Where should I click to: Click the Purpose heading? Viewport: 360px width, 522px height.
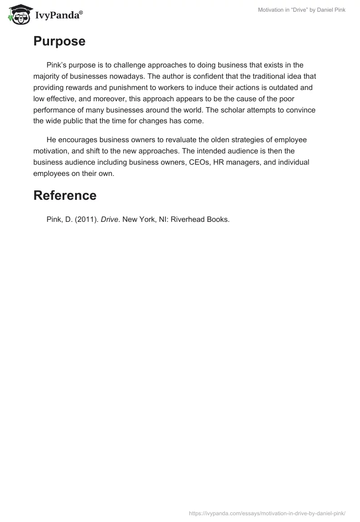(59, 41)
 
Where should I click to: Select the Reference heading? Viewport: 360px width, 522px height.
(65, 195)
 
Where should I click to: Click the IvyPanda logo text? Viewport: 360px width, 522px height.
(58, 16)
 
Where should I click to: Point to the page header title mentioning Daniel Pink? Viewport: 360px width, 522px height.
(301, 10)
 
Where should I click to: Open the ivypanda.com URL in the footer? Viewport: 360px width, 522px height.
(267, 512)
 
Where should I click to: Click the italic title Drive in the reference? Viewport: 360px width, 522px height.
(109, 220)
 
